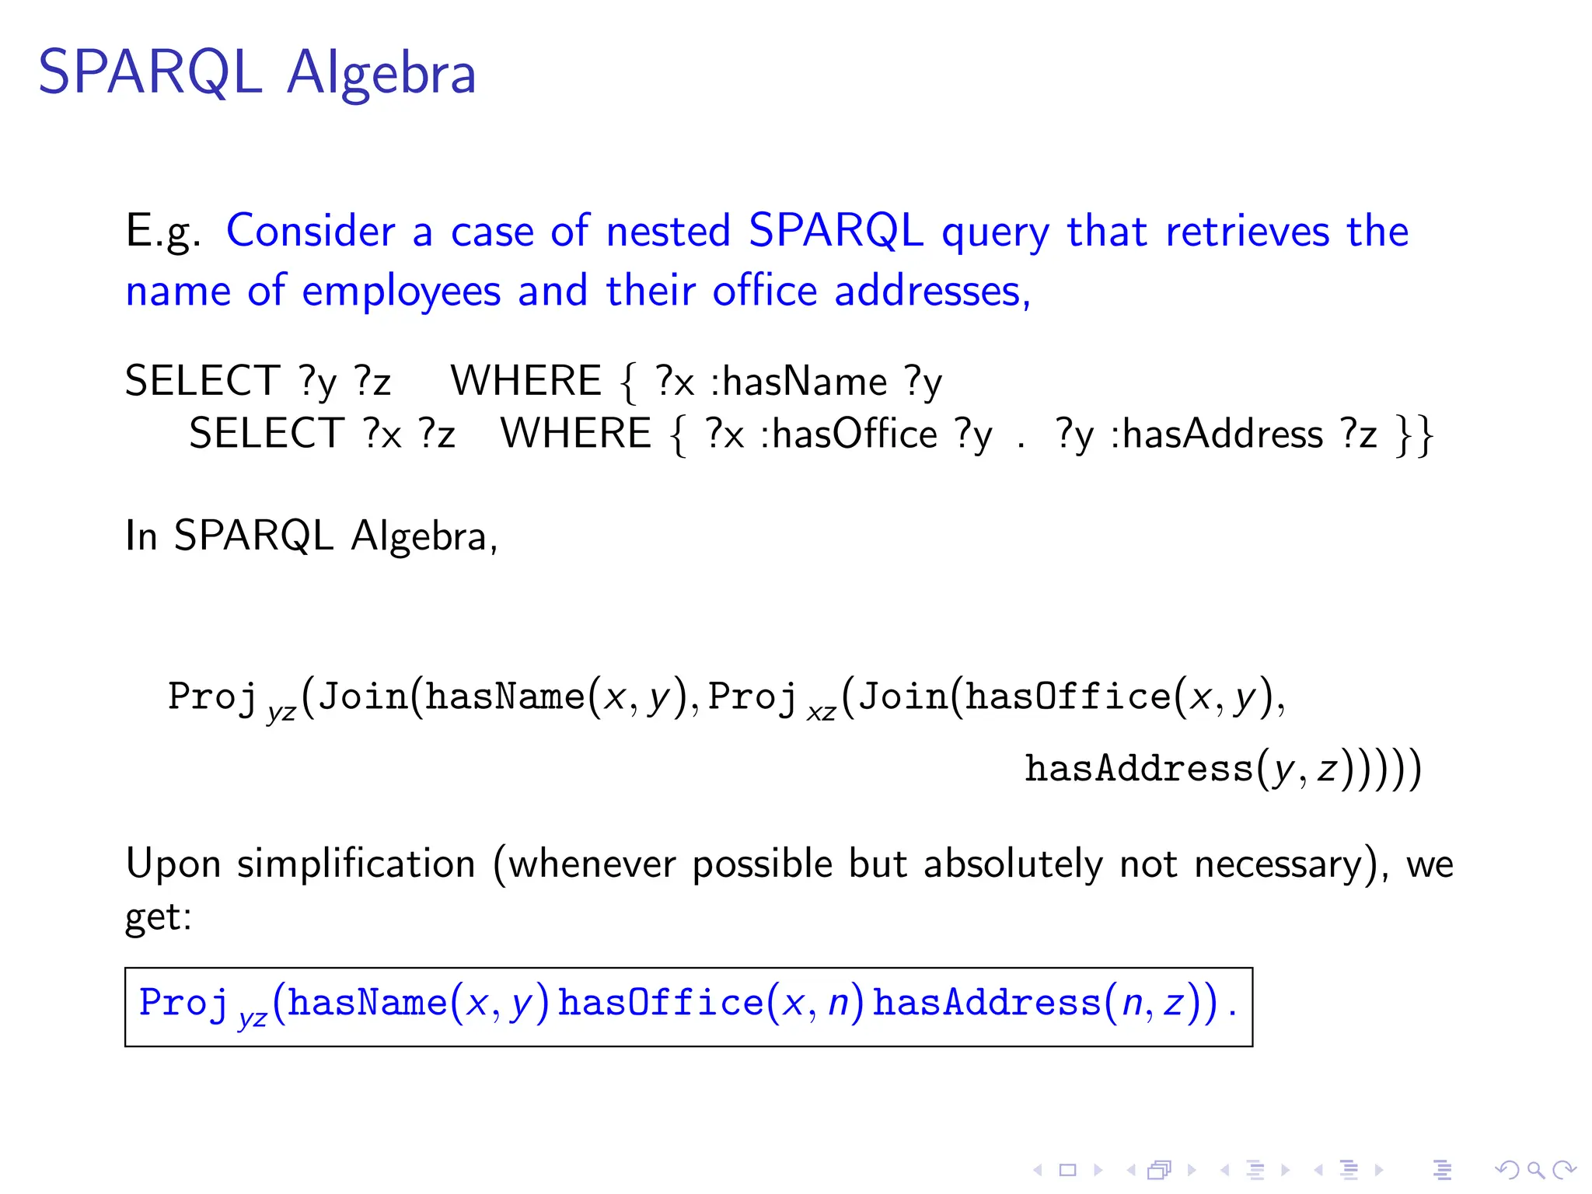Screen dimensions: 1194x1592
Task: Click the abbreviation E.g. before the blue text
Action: pos(163,232)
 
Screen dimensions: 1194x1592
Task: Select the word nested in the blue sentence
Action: pos(668,232)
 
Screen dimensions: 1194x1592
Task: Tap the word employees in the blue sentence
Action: pos(401,292)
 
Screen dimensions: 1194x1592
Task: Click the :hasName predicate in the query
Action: pos(799,382)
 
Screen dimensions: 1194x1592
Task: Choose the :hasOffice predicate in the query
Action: pos(849,434)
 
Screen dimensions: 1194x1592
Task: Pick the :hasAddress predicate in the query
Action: pos(1217,434)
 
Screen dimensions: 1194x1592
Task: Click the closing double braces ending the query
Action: pos(1414,435)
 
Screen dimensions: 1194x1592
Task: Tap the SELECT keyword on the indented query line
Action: pos(267,434)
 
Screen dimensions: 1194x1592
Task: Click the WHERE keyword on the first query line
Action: pos(526,382)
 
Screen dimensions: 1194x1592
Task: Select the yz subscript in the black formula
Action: pos(281,712)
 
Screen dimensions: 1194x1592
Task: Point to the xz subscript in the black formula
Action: pos(821,712)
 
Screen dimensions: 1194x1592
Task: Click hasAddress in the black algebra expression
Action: pos(1139,769)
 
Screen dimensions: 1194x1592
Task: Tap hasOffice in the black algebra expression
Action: pos(1068,696)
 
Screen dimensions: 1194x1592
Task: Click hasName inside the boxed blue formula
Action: pos(367,1003)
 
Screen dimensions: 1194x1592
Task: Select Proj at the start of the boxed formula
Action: pos(184,1003)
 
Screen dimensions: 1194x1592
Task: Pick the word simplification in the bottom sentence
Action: pos(356,864)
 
